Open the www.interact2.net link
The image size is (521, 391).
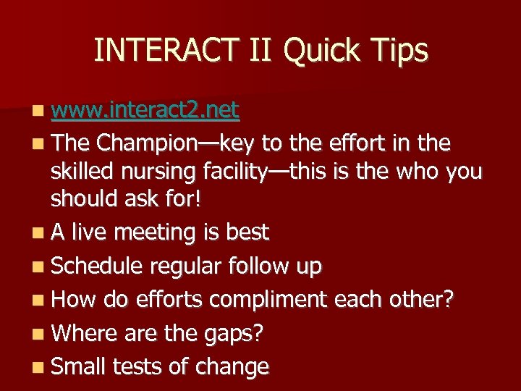pos(145,110)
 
